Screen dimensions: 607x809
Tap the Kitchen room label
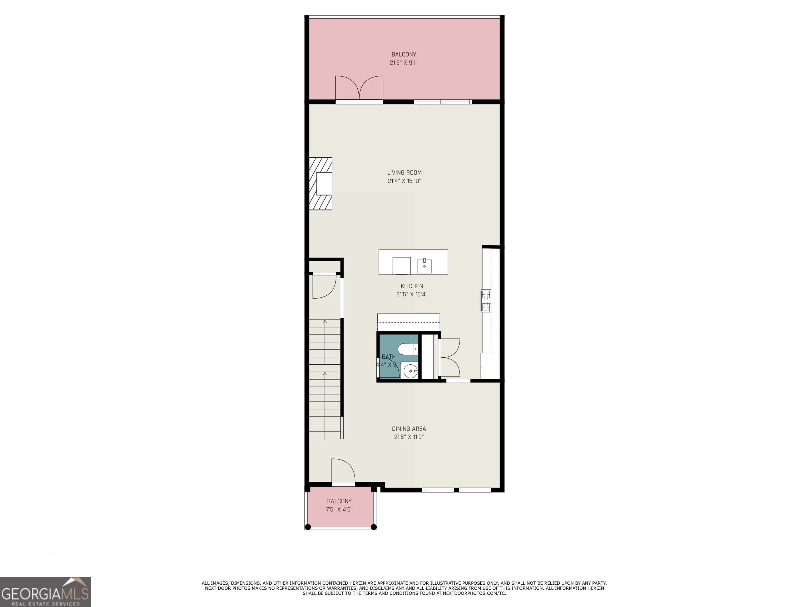point(411,286)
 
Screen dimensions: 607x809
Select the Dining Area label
point(408,428)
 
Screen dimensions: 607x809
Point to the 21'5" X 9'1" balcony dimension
point(403,62)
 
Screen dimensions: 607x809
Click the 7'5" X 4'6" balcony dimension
point(339,509)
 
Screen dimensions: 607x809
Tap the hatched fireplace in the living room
point(321,183)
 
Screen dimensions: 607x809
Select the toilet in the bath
point(407,349)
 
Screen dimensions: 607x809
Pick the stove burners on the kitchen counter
point(486,300)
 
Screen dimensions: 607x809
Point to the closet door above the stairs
point(324,286)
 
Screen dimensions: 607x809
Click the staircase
point(325,379)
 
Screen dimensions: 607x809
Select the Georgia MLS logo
point(45,592)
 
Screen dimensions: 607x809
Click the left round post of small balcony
point(308,527)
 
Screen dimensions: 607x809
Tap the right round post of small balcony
point(374,527)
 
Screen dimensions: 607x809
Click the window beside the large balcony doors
point(442,102)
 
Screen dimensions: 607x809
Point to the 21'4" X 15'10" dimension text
point(404,181)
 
